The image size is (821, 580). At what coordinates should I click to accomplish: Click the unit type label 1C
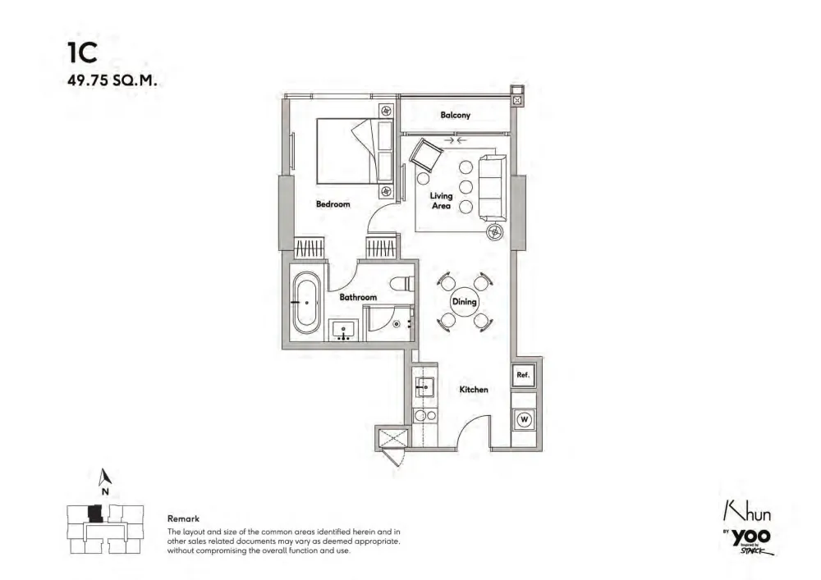(82, 53)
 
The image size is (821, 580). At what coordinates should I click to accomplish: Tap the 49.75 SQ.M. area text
(112, 81)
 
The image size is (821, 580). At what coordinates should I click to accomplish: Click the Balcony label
(455, 115)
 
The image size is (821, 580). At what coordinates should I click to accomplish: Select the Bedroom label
(333, 204)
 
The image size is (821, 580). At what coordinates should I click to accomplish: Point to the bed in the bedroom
(355, 151)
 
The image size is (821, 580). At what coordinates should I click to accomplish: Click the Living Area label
(441, 201)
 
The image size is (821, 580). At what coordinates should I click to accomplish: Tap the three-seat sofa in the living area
(493, 188)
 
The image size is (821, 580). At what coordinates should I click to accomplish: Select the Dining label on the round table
(465, 302)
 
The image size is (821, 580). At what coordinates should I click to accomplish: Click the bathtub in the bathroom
(306, 302)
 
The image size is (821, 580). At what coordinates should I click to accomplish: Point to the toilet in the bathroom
(402, 284)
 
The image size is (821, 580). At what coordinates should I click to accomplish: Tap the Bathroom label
(358, 298)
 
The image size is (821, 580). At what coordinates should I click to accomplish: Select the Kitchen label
(474, 390)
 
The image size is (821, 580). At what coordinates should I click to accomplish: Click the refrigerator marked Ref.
(523, 376)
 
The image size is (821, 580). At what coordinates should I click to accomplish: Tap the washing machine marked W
(524, 419)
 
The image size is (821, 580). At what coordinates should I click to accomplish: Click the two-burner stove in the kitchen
(424, 416)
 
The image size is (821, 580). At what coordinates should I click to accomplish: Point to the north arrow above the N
(105, 477)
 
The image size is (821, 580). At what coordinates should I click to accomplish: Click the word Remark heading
(183, 518)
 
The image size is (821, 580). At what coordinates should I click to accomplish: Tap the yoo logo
(751, 537)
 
